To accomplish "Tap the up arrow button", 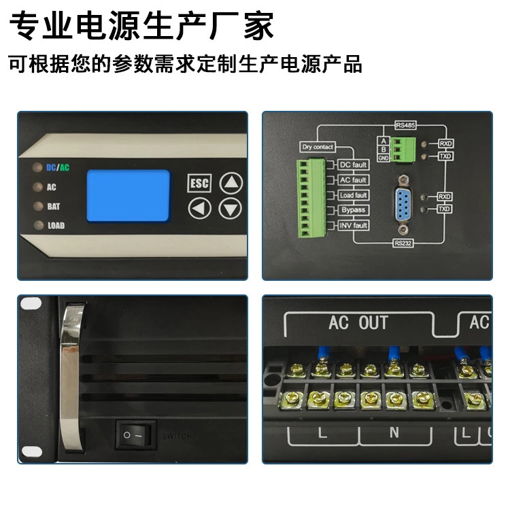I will (233, 182).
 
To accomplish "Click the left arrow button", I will (199, 208).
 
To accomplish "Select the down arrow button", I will (233, 208).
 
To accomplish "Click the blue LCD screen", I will (128, 196).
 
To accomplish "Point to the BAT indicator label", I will (54, 206).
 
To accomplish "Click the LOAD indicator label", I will (56, 225).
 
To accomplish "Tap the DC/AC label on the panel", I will (58, 167).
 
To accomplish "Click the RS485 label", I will (406, 126).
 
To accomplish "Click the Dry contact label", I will (316, 147).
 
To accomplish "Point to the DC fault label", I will (354, 165).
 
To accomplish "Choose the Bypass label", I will (354, 210).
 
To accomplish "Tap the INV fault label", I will (354, 225).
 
